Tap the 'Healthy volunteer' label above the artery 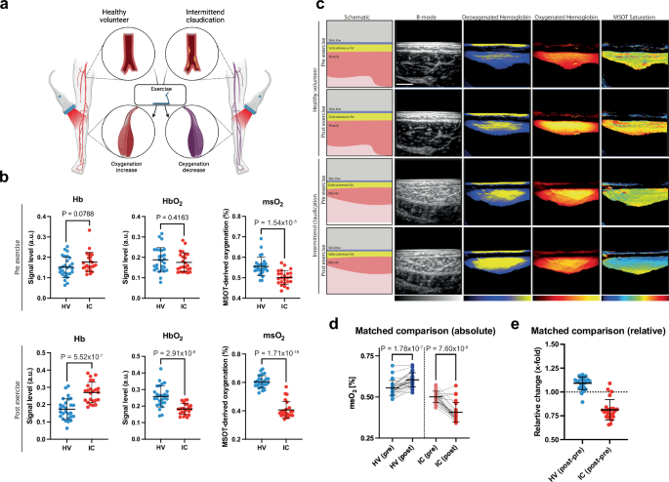pos(133,13)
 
